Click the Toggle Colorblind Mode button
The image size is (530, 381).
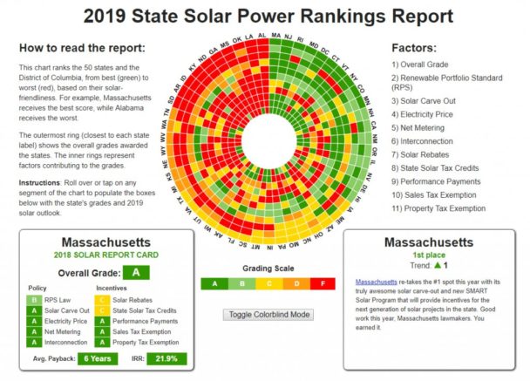[x=268, y=314]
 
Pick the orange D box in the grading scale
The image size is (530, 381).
[x=296, y=283]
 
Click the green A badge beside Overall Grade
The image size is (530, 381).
[x=135, y=272]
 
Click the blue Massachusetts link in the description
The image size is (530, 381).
[x=376, y=282]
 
